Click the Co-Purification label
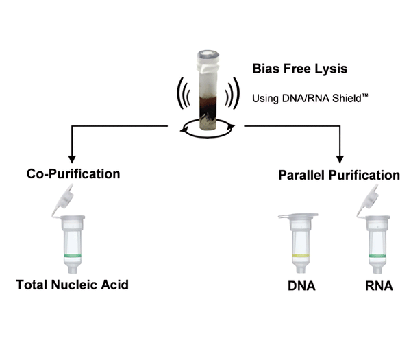(x=73, y=174)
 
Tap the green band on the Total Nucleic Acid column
(x=71, y=256)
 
